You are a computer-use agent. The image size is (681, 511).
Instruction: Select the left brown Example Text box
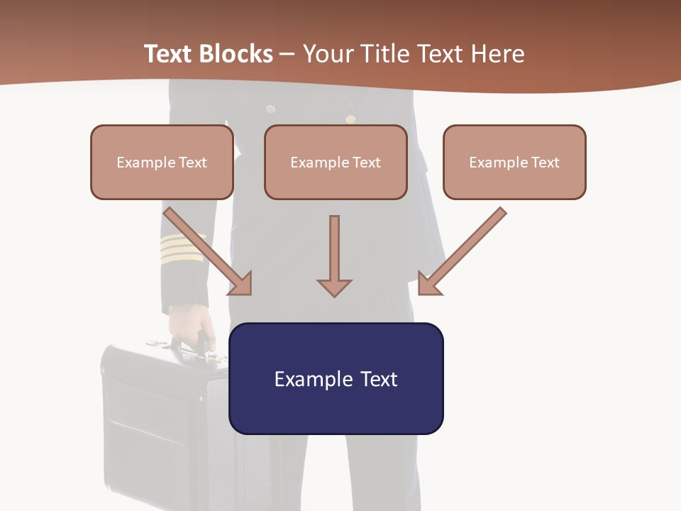162,162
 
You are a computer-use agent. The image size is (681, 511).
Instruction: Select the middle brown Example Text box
336,162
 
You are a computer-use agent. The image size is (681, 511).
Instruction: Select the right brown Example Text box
514,162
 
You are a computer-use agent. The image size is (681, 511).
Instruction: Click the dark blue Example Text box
336,378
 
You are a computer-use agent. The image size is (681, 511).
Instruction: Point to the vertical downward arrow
334,255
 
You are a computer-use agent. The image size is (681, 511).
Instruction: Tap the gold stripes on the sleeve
182,248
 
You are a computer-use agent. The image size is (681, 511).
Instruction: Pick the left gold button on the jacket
270,109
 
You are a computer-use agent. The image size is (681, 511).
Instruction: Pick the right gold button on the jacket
350,119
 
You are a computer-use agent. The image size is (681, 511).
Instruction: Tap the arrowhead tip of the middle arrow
334,295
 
